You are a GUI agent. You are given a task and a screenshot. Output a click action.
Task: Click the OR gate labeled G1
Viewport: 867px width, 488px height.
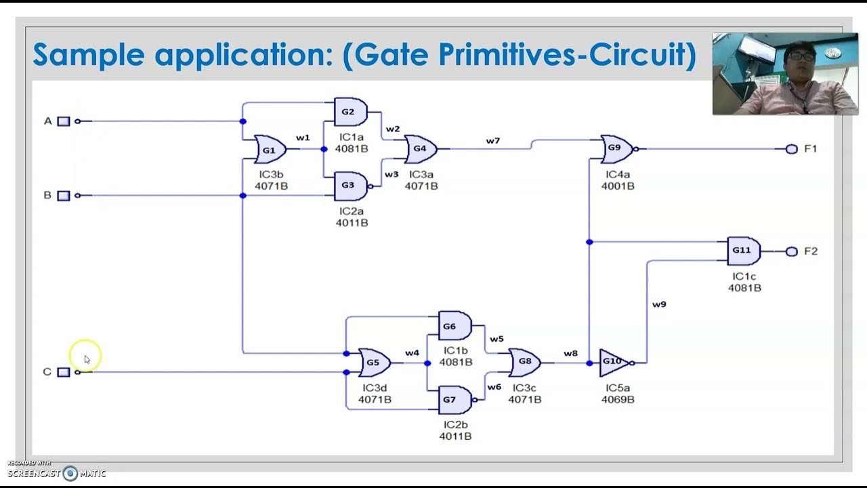[x=270, y=150]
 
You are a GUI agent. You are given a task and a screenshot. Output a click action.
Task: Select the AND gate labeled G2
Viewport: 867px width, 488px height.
[x=350, y=112]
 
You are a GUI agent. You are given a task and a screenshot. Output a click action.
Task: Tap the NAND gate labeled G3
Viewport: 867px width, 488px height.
[x=350, y=186]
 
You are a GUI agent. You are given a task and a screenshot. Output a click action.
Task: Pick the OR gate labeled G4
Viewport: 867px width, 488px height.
[x=420, y=149]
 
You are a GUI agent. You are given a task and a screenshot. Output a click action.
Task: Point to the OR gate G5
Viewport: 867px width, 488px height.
[x=373, y=363]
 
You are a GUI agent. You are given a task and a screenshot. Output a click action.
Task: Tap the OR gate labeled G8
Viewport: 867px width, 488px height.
[x=524, y=363]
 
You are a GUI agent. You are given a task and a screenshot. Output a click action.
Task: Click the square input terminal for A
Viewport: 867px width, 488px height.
[x=64, y=121]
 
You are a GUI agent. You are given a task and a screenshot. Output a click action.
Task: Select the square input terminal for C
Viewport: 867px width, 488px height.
[x=64, y=372]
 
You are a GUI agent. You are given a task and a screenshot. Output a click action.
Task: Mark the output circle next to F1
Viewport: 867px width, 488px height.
[x=791, y=149]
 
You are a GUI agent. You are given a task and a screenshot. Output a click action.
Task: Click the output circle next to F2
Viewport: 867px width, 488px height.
[x=791, y=251]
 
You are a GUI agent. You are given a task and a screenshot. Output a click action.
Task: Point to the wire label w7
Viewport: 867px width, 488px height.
[x=492, y=141]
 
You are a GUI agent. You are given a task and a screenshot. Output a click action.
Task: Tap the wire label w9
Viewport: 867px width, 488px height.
[x=659, y=304]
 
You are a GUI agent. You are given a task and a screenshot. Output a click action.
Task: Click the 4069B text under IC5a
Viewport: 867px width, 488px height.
[x=618, y=400]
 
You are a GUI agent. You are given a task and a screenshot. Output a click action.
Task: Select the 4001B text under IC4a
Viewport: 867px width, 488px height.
[x=618, y=186]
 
